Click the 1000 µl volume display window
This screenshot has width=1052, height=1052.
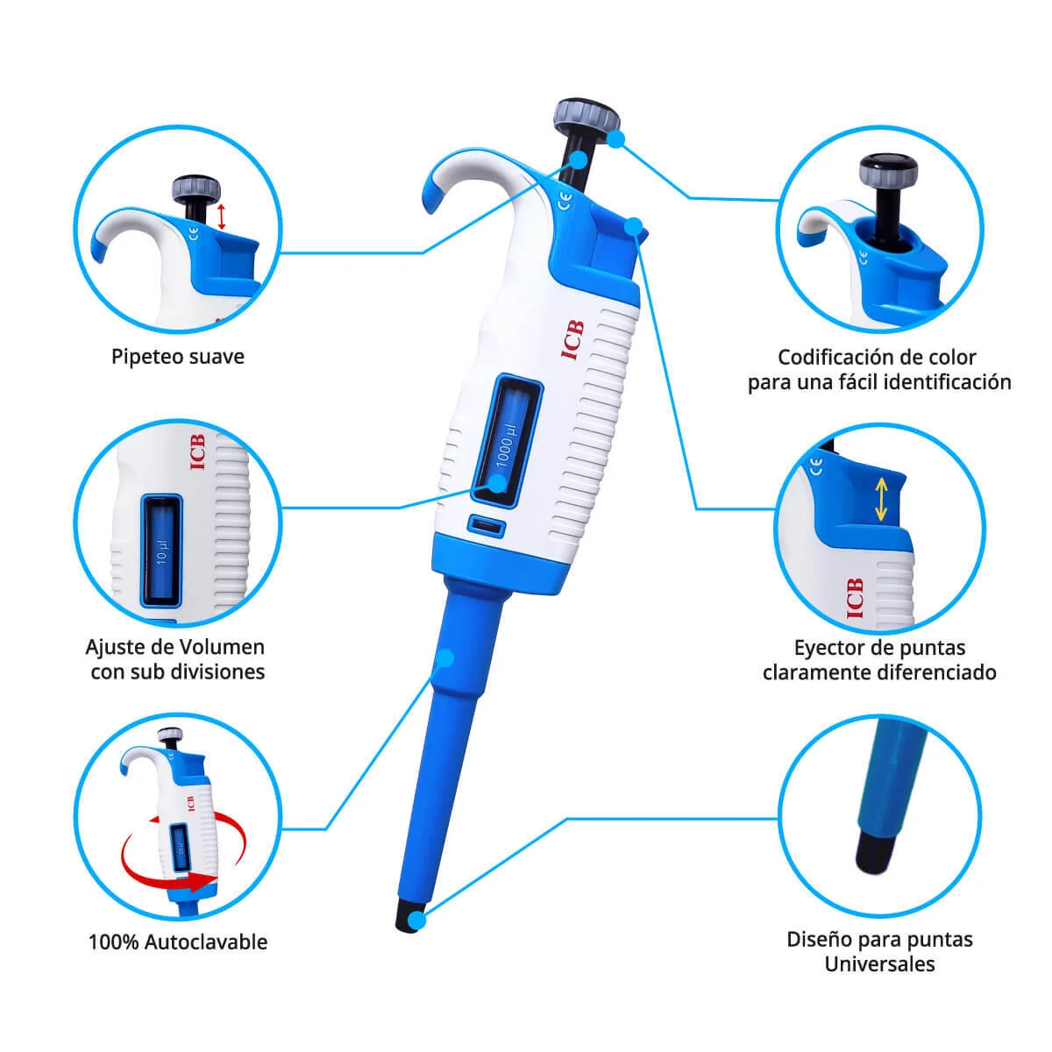pos(508,440)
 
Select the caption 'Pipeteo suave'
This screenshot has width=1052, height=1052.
pos(177,357)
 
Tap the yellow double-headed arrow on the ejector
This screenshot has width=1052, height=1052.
pos(881,498)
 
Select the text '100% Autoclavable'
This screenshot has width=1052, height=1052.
pos(177,942)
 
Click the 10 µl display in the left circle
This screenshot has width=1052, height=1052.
pos(161,549)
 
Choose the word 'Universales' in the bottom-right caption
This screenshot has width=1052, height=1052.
pos(879,964)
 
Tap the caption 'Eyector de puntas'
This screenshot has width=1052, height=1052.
pos(879,648)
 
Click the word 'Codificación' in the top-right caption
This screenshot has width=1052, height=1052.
pos(839,357)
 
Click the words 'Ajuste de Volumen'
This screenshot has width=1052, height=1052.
pos(175,647)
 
